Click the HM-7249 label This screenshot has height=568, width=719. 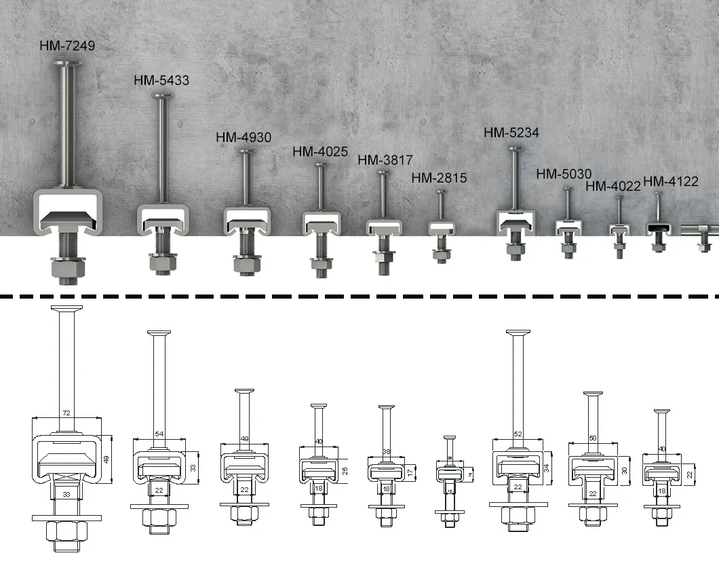[68, 45]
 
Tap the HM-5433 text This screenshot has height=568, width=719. [161, 80]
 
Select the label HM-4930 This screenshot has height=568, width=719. [244, 137]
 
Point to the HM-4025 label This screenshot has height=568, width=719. [320, 151]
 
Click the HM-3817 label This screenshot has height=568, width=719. [385, 160]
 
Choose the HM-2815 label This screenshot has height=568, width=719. [439, 178]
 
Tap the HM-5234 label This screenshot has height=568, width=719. [511, 133]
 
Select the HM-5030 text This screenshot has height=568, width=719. [564, 174]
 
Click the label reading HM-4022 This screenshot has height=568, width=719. [613, 186]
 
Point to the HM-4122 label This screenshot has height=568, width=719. [671, 181]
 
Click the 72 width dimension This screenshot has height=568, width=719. [66, 413]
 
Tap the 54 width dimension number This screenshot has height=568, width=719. [160, 434]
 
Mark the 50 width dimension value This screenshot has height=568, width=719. [593, 439]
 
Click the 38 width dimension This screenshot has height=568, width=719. [386, 451]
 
